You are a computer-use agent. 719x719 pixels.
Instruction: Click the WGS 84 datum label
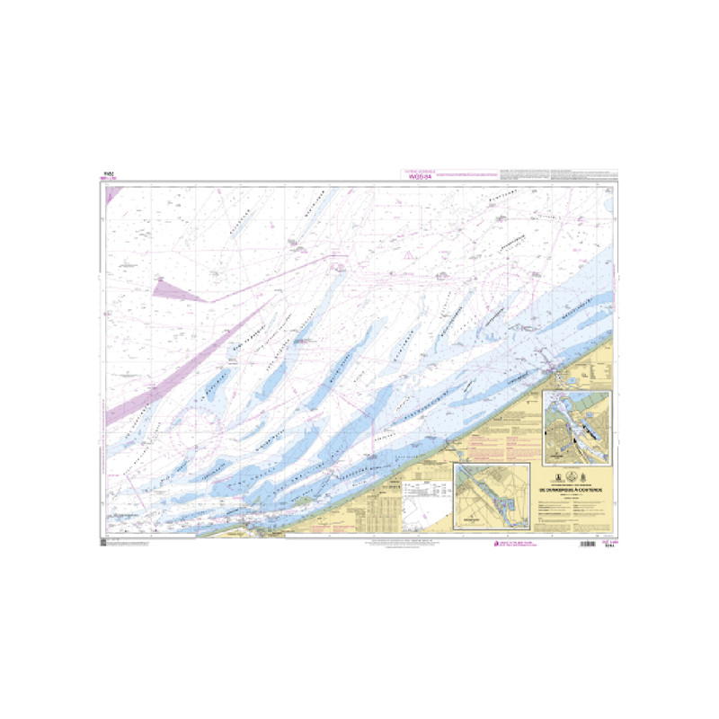(x=420, y=176)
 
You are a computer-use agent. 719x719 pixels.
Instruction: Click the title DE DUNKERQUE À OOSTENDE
(x=576, y=490)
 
